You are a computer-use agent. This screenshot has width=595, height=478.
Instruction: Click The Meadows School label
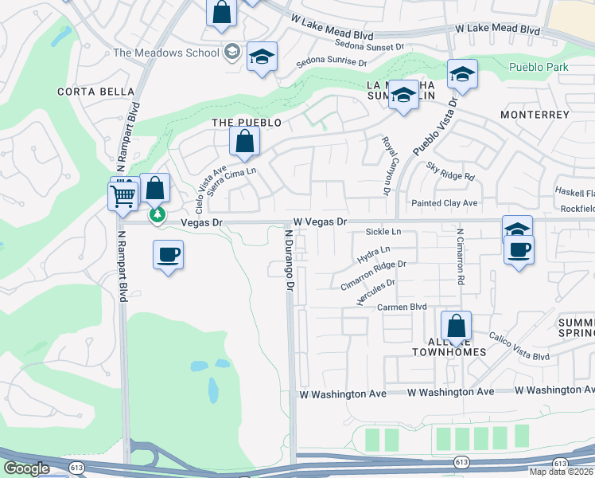(165, 53)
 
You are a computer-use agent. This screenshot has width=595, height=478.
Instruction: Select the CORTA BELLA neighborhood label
(96, 92)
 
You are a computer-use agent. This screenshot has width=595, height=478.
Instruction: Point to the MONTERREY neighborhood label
(535, 115)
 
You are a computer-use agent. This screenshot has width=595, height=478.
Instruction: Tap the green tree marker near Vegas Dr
(157, 214)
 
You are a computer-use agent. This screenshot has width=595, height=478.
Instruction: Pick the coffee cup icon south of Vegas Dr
(167, 256)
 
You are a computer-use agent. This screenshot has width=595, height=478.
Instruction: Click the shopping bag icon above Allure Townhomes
(456, 326)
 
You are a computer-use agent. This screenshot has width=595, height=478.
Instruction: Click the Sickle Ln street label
(383, 232)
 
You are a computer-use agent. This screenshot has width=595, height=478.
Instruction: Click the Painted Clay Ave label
(444, 203)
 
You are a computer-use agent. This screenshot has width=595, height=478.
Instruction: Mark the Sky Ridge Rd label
(450, 170)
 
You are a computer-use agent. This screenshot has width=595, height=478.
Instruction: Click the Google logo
(26, 468)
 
